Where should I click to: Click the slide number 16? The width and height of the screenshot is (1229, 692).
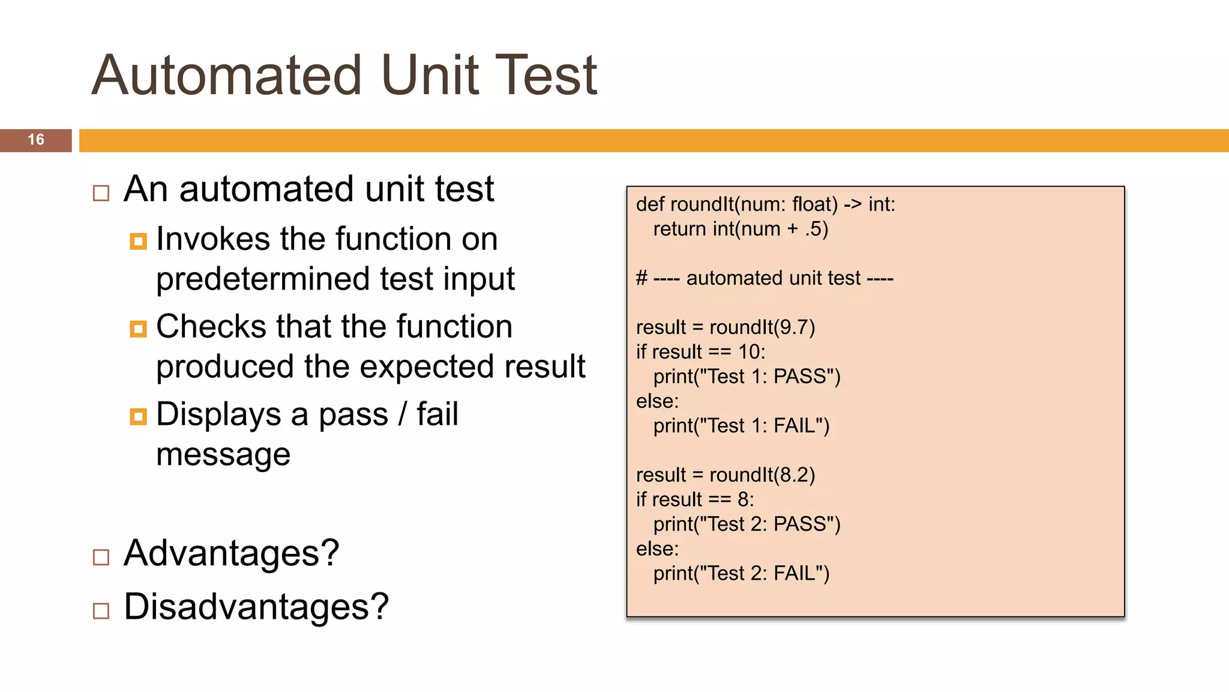point(36,140)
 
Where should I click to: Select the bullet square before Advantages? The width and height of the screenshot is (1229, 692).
point(101,557)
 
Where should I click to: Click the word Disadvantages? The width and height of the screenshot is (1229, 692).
point(256,607)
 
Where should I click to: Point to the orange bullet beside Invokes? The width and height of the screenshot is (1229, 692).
point(138,241)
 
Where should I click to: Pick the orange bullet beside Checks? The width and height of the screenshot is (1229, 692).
point(138,329)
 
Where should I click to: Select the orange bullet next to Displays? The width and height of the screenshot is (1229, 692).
point(138,416)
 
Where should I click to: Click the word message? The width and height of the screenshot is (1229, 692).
point(223,454)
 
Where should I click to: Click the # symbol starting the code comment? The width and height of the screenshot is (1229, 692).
point(642,279)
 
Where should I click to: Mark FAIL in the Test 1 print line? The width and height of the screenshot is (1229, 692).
point(794,426)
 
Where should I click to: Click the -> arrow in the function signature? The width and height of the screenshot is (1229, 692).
point(853,205)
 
